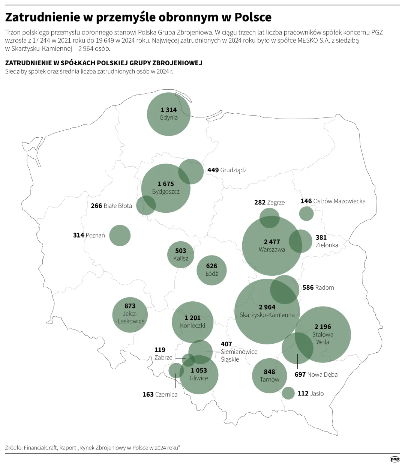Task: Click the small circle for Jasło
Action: [288, 393]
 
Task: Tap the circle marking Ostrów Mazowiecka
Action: [306, 213]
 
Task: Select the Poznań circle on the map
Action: [120, 236]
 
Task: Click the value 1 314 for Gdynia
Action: [168, 110]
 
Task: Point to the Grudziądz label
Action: [233, 170]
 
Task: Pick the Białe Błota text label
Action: [118, 206]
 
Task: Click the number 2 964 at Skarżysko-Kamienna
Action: [267, 307]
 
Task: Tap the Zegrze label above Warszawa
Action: [276, 203]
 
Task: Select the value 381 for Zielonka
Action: [321, 238]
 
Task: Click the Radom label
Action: [324, 287]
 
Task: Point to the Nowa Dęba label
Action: [322, 374]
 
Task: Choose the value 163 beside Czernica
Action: [148, 394]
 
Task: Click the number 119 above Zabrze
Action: [160, 350]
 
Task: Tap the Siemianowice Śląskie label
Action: [239, 355]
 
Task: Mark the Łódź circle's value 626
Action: [211, 266]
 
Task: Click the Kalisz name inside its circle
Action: [181, 258]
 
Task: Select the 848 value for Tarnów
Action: [269, 372]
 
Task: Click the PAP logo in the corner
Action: [394, 459]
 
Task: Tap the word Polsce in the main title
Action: [253, 17]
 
